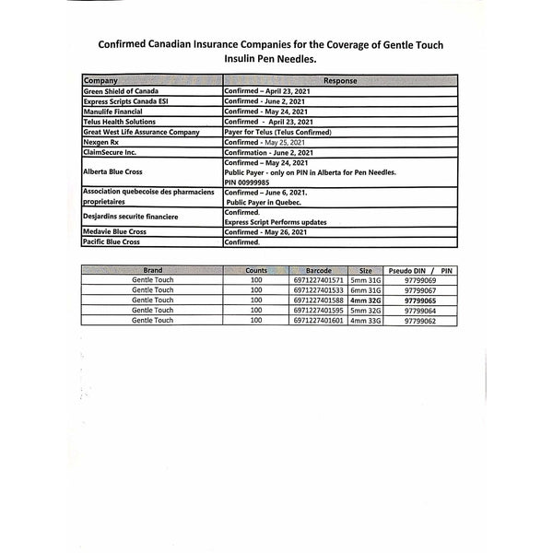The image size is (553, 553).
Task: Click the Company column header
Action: point(100,81)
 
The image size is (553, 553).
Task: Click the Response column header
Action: point(340,81)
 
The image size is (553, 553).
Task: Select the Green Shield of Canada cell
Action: point(121,92)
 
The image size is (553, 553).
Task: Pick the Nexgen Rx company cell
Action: point(102,142)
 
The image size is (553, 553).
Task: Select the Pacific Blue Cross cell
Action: point(112,241)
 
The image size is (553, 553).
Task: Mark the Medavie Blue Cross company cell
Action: point(115,231)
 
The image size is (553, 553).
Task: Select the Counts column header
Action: point(256,270)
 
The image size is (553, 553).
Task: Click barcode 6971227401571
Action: point(318,280)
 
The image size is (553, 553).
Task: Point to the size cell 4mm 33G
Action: point(365,321)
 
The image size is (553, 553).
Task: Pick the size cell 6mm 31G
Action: point(365,290)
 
